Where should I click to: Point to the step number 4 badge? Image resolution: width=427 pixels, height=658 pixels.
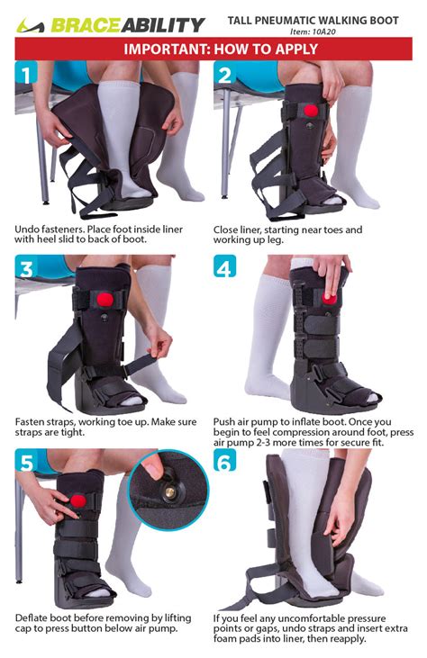click(x=226, y=269)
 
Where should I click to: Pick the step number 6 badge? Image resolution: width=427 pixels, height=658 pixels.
click(x=226, y=462)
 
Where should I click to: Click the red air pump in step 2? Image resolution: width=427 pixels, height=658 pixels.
click(x=311, y=111)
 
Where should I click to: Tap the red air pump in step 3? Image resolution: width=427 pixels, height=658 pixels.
click(x=104, y=298)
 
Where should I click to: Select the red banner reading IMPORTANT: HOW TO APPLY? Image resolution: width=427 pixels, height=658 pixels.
click(x=213, y=49)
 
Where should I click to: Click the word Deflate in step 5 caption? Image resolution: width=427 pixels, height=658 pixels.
click(x=33, y=617)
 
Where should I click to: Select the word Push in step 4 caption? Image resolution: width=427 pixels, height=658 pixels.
click(x=226, y=420)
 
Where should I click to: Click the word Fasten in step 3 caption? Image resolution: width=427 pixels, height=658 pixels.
click(x=32, y=420)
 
